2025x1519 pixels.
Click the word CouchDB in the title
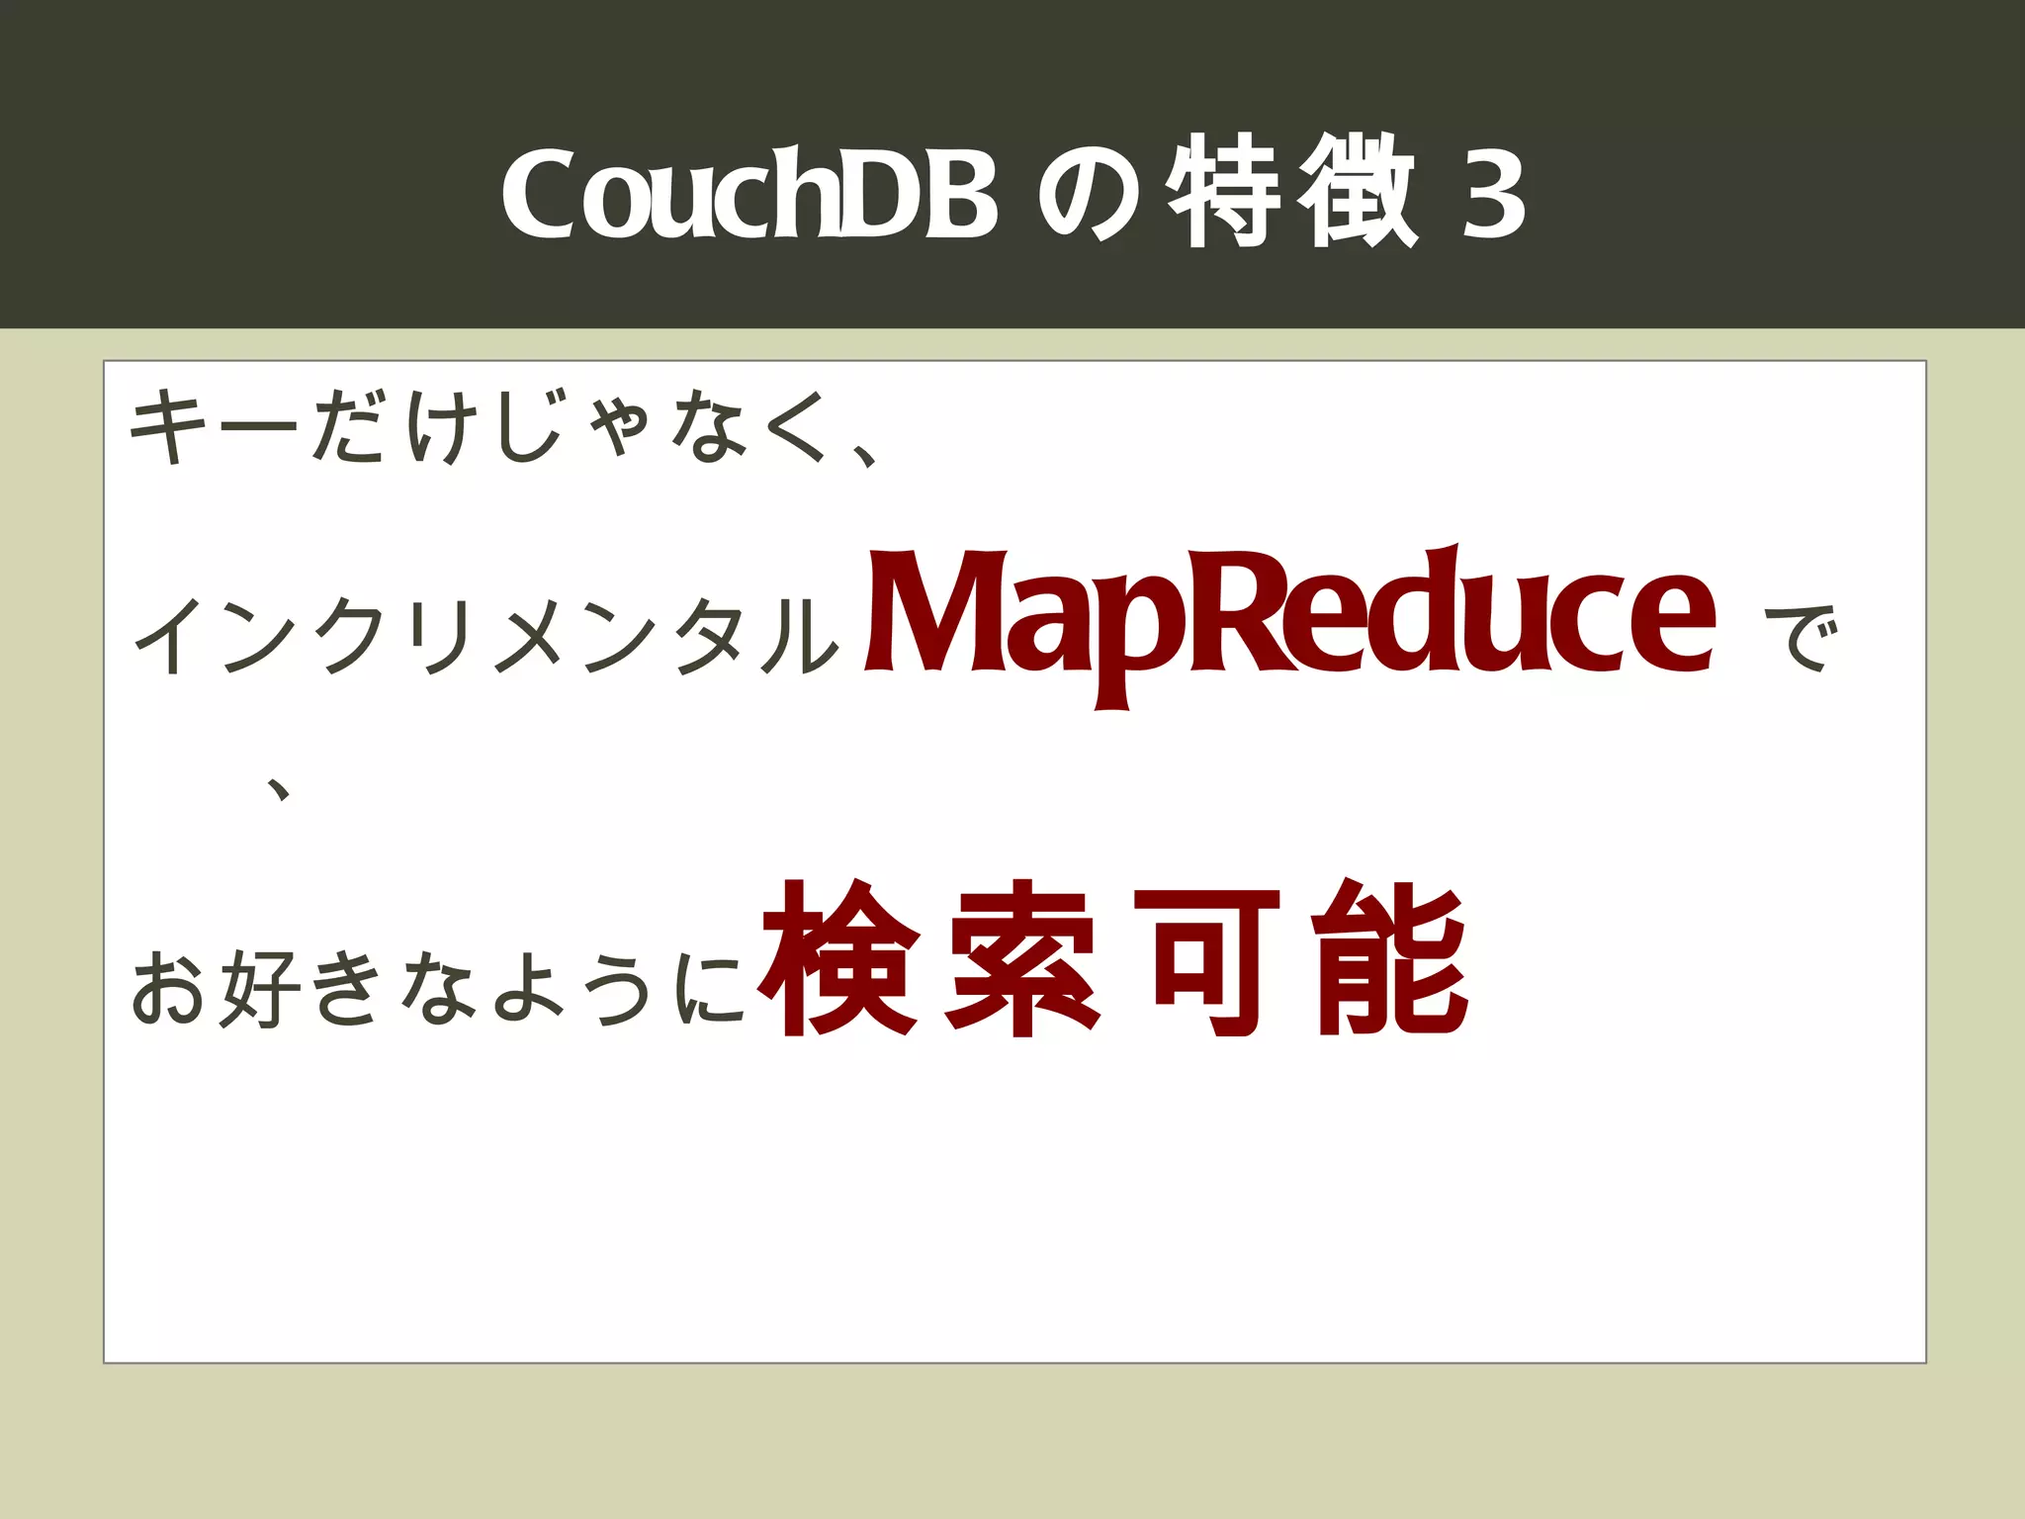(749, 194)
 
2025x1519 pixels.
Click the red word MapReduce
(1290, 618)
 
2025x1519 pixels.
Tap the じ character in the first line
(531, 427)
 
